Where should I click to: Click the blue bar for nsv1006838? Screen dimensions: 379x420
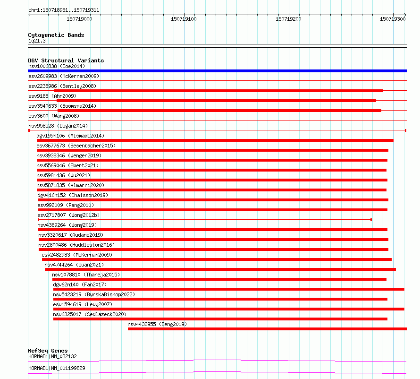pos(217,71)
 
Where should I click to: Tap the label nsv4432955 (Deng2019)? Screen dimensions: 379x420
pos(157,324)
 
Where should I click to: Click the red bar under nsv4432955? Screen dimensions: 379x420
pos(267,329)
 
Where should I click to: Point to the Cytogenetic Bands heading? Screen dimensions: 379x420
pos(56,35)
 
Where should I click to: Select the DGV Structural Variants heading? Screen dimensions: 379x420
pos(66,60)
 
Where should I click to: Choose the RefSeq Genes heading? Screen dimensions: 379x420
pos(48,351)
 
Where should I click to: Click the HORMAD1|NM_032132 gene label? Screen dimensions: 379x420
pos(52,357)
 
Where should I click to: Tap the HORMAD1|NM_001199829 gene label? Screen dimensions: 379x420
pos(57,368)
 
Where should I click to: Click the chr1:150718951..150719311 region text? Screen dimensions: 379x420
pos(64,10)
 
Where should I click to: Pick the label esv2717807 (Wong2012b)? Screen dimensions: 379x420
pos(68,215)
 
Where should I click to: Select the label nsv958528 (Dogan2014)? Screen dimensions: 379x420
pos(58,126)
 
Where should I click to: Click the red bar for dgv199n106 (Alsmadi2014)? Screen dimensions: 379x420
pos(215,140)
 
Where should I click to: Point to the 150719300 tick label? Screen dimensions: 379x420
pos(393,19)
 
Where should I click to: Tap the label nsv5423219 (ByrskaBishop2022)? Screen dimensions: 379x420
pos(94,294)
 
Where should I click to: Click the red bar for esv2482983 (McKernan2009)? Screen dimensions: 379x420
pos(217,259)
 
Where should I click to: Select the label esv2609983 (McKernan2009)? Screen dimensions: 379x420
pos(64,76)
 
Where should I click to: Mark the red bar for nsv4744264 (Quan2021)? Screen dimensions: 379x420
pos(220,269)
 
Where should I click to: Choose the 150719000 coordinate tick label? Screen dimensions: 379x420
pos(79,19)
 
